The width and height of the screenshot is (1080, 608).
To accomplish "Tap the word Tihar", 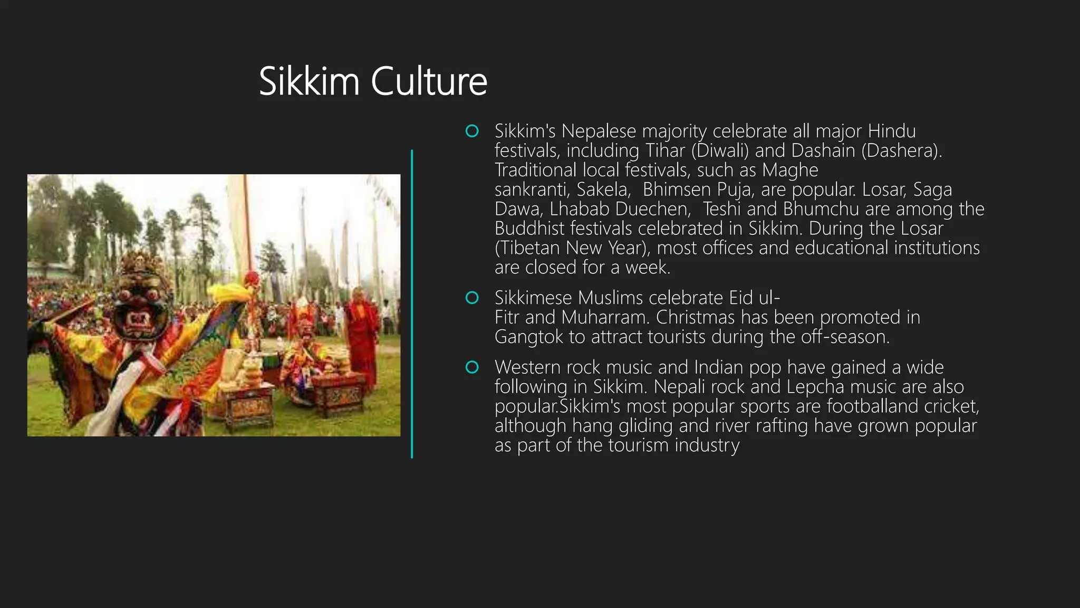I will [665, 151].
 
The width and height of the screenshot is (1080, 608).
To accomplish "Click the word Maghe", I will [790, 170].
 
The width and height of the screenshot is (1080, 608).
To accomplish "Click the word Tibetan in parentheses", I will [529, 248].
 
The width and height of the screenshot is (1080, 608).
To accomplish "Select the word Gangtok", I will [529, 337].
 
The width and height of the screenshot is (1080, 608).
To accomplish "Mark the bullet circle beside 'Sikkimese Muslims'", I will [472, 298].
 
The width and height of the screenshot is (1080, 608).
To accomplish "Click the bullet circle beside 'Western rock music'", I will [472, 367].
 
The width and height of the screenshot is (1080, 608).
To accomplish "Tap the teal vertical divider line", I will [412, 303].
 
